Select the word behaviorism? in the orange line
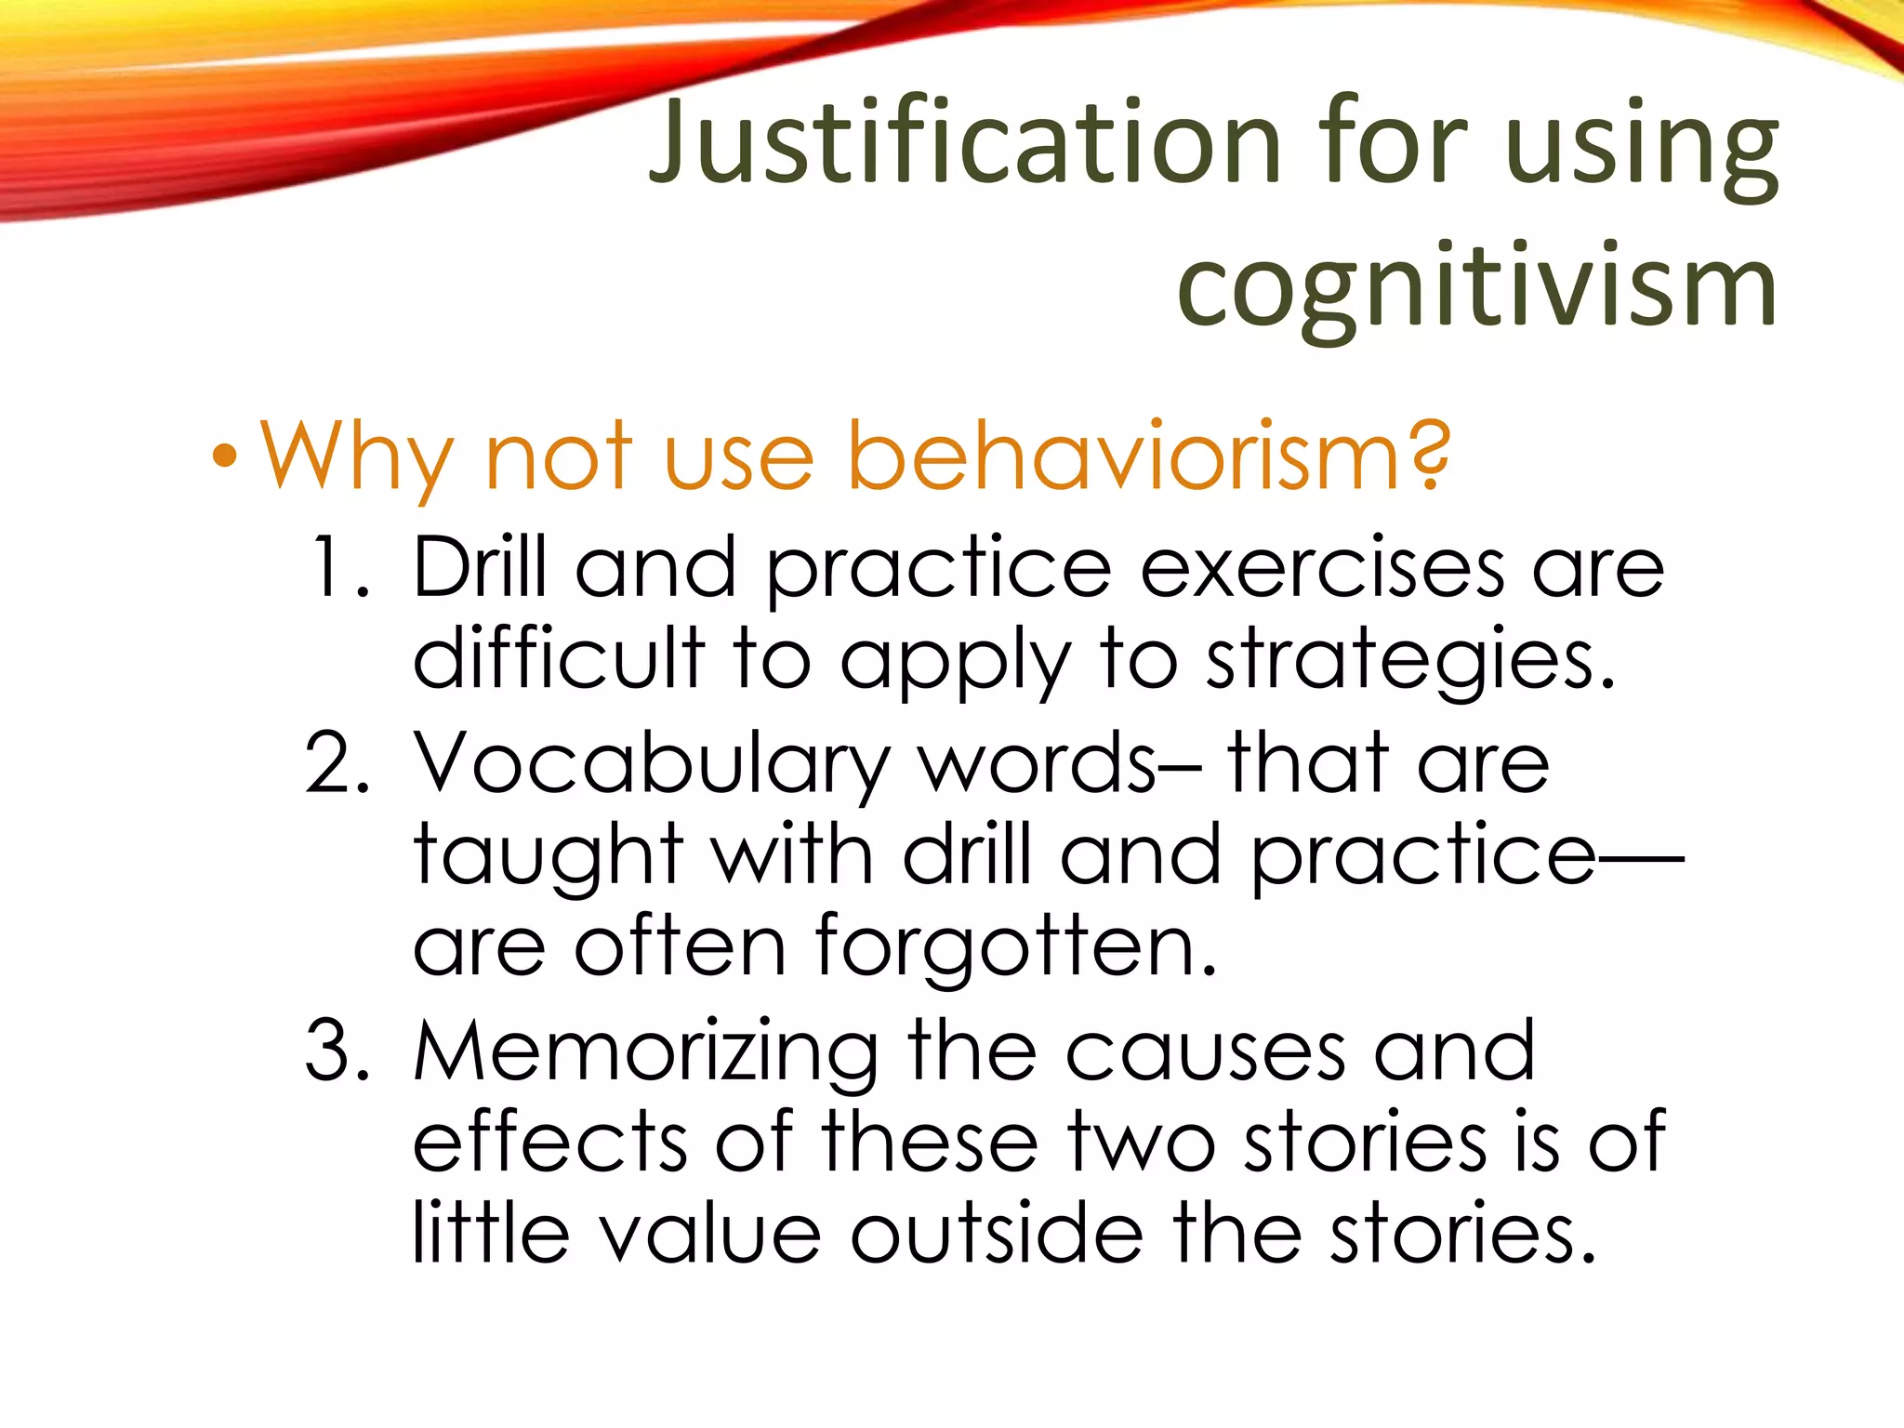[x=1148, y=457]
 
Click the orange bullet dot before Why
[x=224, y=457]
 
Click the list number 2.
[x=337, y=762]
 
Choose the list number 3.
[x=337, y=1051]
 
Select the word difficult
[x=559, y=658]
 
